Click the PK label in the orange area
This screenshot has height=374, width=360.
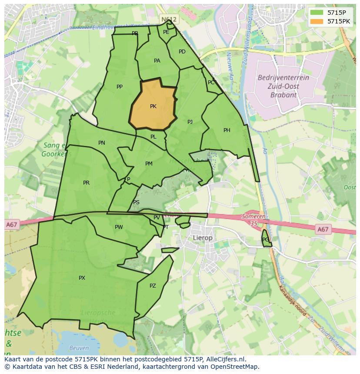pos(153,106)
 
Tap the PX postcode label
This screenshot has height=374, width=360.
pos(82,278)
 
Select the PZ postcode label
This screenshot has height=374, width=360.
pos(153,286)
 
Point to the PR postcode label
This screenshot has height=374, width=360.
pos(86,183)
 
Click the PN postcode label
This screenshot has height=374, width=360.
pos(102,143)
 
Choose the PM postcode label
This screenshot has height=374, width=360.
pos(149,164)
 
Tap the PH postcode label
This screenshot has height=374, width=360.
pos(227,130)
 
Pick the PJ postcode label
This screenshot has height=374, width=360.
pos(190,122)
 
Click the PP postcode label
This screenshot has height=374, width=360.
pos(120,87)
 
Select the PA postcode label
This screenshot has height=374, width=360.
pos(157,61)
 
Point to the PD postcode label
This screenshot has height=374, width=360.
pos(182,52)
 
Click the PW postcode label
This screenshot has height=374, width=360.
pos(119,227)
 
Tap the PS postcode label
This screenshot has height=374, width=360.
pos(136,202)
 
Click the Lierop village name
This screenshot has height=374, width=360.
pos(203,238)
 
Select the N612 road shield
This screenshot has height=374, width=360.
pos(168,20)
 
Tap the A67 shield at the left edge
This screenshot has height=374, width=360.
pos(12,225)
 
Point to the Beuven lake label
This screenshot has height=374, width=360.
pos(79,348)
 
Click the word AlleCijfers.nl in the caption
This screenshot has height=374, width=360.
pos(226,359)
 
